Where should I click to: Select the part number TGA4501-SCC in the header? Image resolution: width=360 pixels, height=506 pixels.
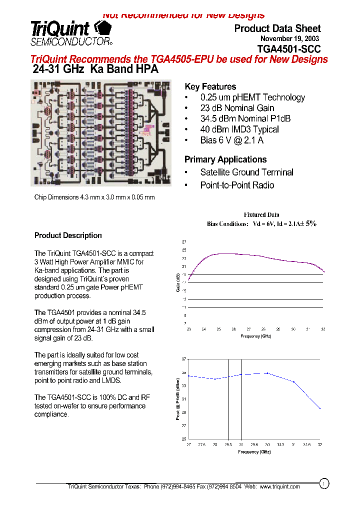click(289, 49)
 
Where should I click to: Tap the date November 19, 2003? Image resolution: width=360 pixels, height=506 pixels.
click(290, 38)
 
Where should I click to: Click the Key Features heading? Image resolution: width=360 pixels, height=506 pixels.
click(210, 86)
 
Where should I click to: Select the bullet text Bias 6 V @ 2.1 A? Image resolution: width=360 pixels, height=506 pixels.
click(231, 140)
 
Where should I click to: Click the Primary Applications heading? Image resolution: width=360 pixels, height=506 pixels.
click(225, 159)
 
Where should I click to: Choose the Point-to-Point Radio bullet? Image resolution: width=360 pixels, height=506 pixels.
click(237, 185)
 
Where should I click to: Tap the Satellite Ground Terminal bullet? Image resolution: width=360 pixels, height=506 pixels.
click(246, 172)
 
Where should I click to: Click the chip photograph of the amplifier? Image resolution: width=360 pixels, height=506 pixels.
click(101, 132)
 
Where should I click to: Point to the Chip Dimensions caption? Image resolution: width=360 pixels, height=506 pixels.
click(94, 197)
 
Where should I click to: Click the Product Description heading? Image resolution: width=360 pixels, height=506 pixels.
click(68, 235)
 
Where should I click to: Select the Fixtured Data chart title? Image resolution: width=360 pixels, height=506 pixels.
click(261, 214)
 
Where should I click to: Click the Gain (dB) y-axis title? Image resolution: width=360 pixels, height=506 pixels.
click(178, 282)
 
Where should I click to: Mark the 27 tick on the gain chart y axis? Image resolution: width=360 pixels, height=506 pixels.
click(184, 241)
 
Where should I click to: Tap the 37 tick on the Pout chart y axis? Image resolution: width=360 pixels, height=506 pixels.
click(184, 359)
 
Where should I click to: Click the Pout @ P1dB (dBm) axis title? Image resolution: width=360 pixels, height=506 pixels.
click(178, 398)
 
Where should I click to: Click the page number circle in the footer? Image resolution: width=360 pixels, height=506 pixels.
click(324, 483)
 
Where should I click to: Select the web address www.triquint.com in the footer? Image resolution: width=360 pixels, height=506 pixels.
click(280, 486)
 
